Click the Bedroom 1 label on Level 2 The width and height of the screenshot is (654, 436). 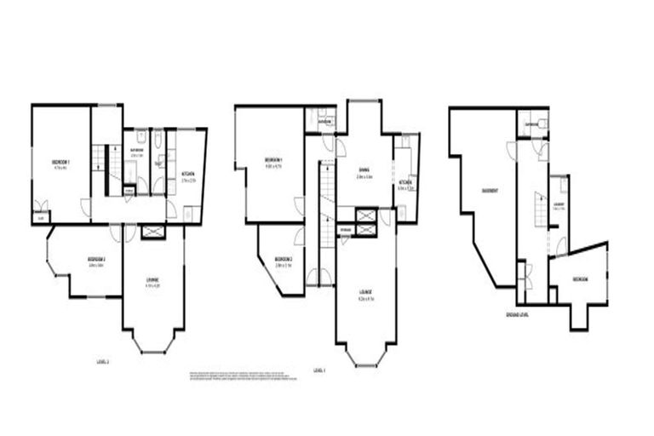coord(60,162)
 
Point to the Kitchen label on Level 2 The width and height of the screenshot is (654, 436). coord(188,176)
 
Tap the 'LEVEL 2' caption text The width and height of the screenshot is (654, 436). coord(103,361)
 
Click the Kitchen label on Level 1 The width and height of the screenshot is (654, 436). coord(405,183)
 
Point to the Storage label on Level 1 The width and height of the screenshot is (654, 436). coord(345,230)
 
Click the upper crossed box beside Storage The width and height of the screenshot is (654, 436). coord(366,215)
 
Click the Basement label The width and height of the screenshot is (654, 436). coord(490,191)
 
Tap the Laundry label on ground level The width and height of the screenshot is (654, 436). coord(559,204)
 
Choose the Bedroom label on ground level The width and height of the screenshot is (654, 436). coord(580,278)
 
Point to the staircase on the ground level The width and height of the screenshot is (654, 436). coord(538,209)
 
